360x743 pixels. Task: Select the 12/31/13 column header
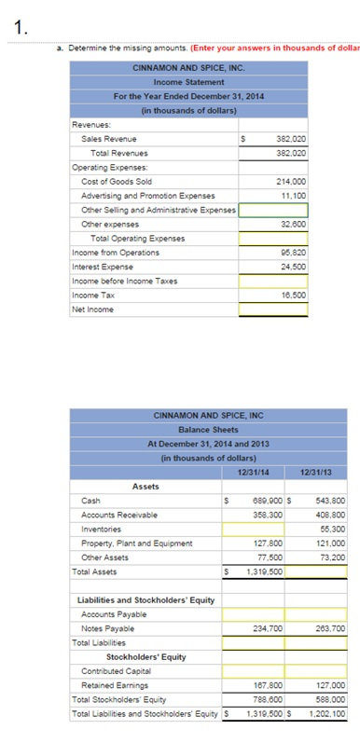pos(319,471)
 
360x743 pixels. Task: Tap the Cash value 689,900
pos(264,500)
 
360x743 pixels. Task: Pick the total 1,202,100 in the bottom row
pos(324,713)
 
